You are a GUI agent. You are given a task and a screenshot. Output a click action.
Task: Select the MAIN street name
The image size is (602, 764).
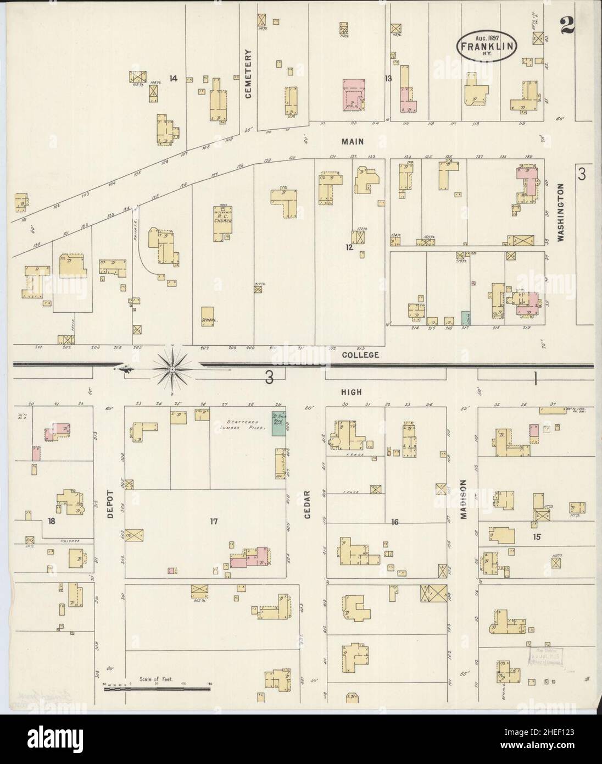(352, 142)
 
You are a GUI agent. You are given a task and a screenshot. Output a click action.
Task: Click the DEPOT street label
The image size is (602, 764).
(109, 503)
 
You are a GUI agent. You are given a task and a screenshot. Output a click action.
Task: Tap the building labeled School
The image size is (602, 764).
(209, 317)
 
